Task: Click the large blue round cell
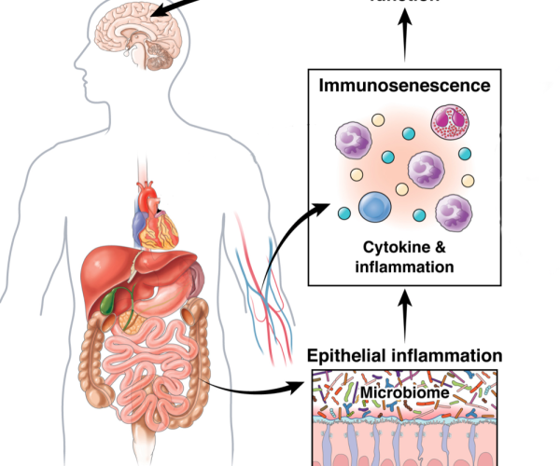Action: click(x=378, y=206)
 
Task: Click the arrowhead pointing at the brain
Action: click(x=160, y=12)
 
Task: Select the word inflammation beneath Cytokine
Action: click(x=404, y=267)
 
